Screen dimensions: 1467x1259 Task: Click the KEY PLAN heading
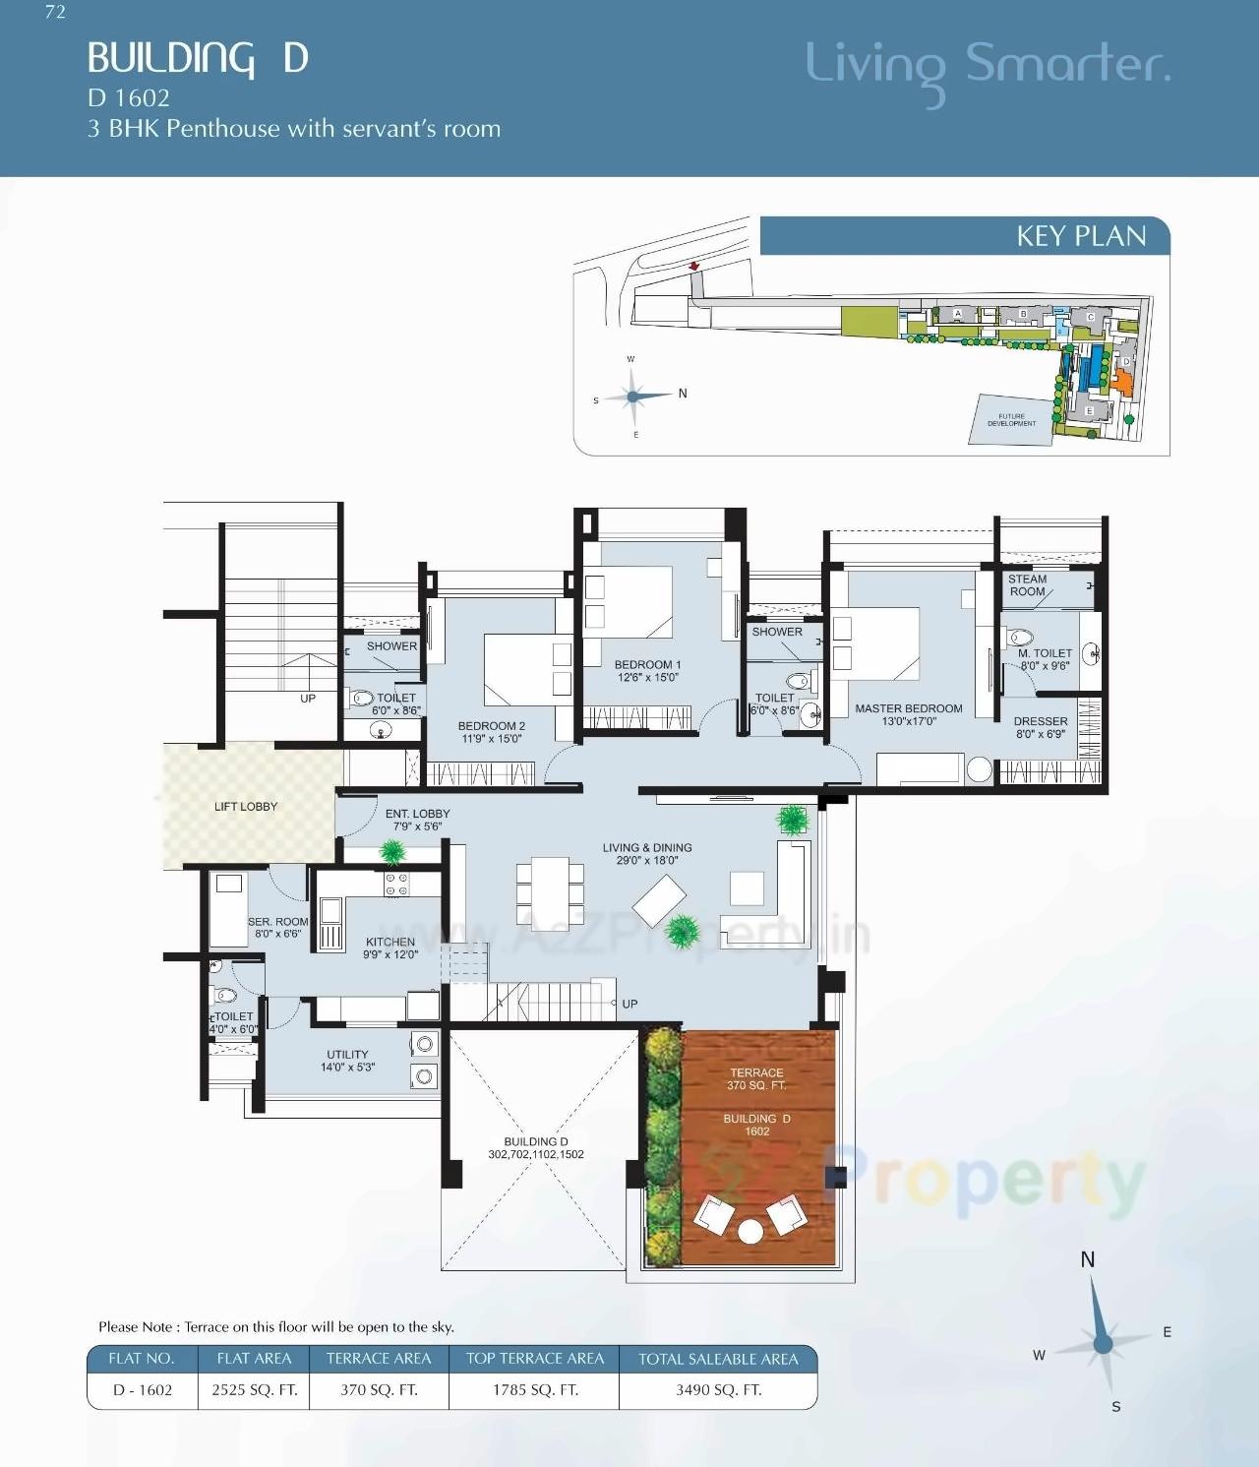click(1080, 236)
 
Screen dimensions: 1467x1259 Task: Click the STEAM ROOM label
click(1027, 585)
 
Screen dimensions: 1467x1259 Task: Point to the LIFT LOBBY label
click(246, 807)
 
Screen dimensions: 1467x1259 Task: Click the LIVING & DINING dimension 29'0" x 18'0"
click(647, 861)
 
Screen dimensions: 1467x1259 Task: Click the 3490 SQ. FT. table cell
click(718, 1390)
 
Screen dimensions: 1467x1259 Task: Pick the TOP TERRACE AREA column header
click(534, 1359)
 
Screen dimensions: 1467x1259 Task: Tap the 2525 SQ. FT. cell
click(254, 1390)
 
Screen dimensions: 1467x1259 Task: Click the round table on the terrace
click(750, 1232)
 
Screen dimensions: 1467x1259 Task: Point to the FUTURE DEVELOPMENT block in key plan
click(1011, 420)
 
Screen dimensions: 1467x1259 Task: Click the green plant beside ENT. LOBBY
click(393, 851)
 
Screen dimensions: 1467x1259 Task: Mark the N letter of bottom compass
click(1087, 1259)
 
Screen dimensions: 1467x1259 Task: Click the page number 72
click(55, 12)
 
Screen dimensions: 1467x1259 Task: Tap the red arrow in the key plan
click(694, 266)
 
